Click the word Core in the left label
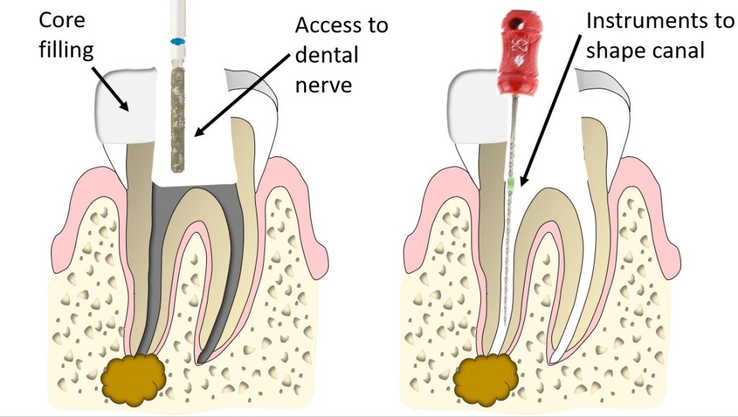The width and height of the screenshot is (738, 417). tap(61, 19)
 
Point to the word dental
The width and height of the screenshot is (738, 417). tap(326, 55)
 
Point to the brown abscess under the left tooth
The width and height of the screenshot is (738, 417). tap(135, 377)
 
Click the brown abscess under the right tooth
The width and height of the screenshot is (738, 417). tap(485, 377)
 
